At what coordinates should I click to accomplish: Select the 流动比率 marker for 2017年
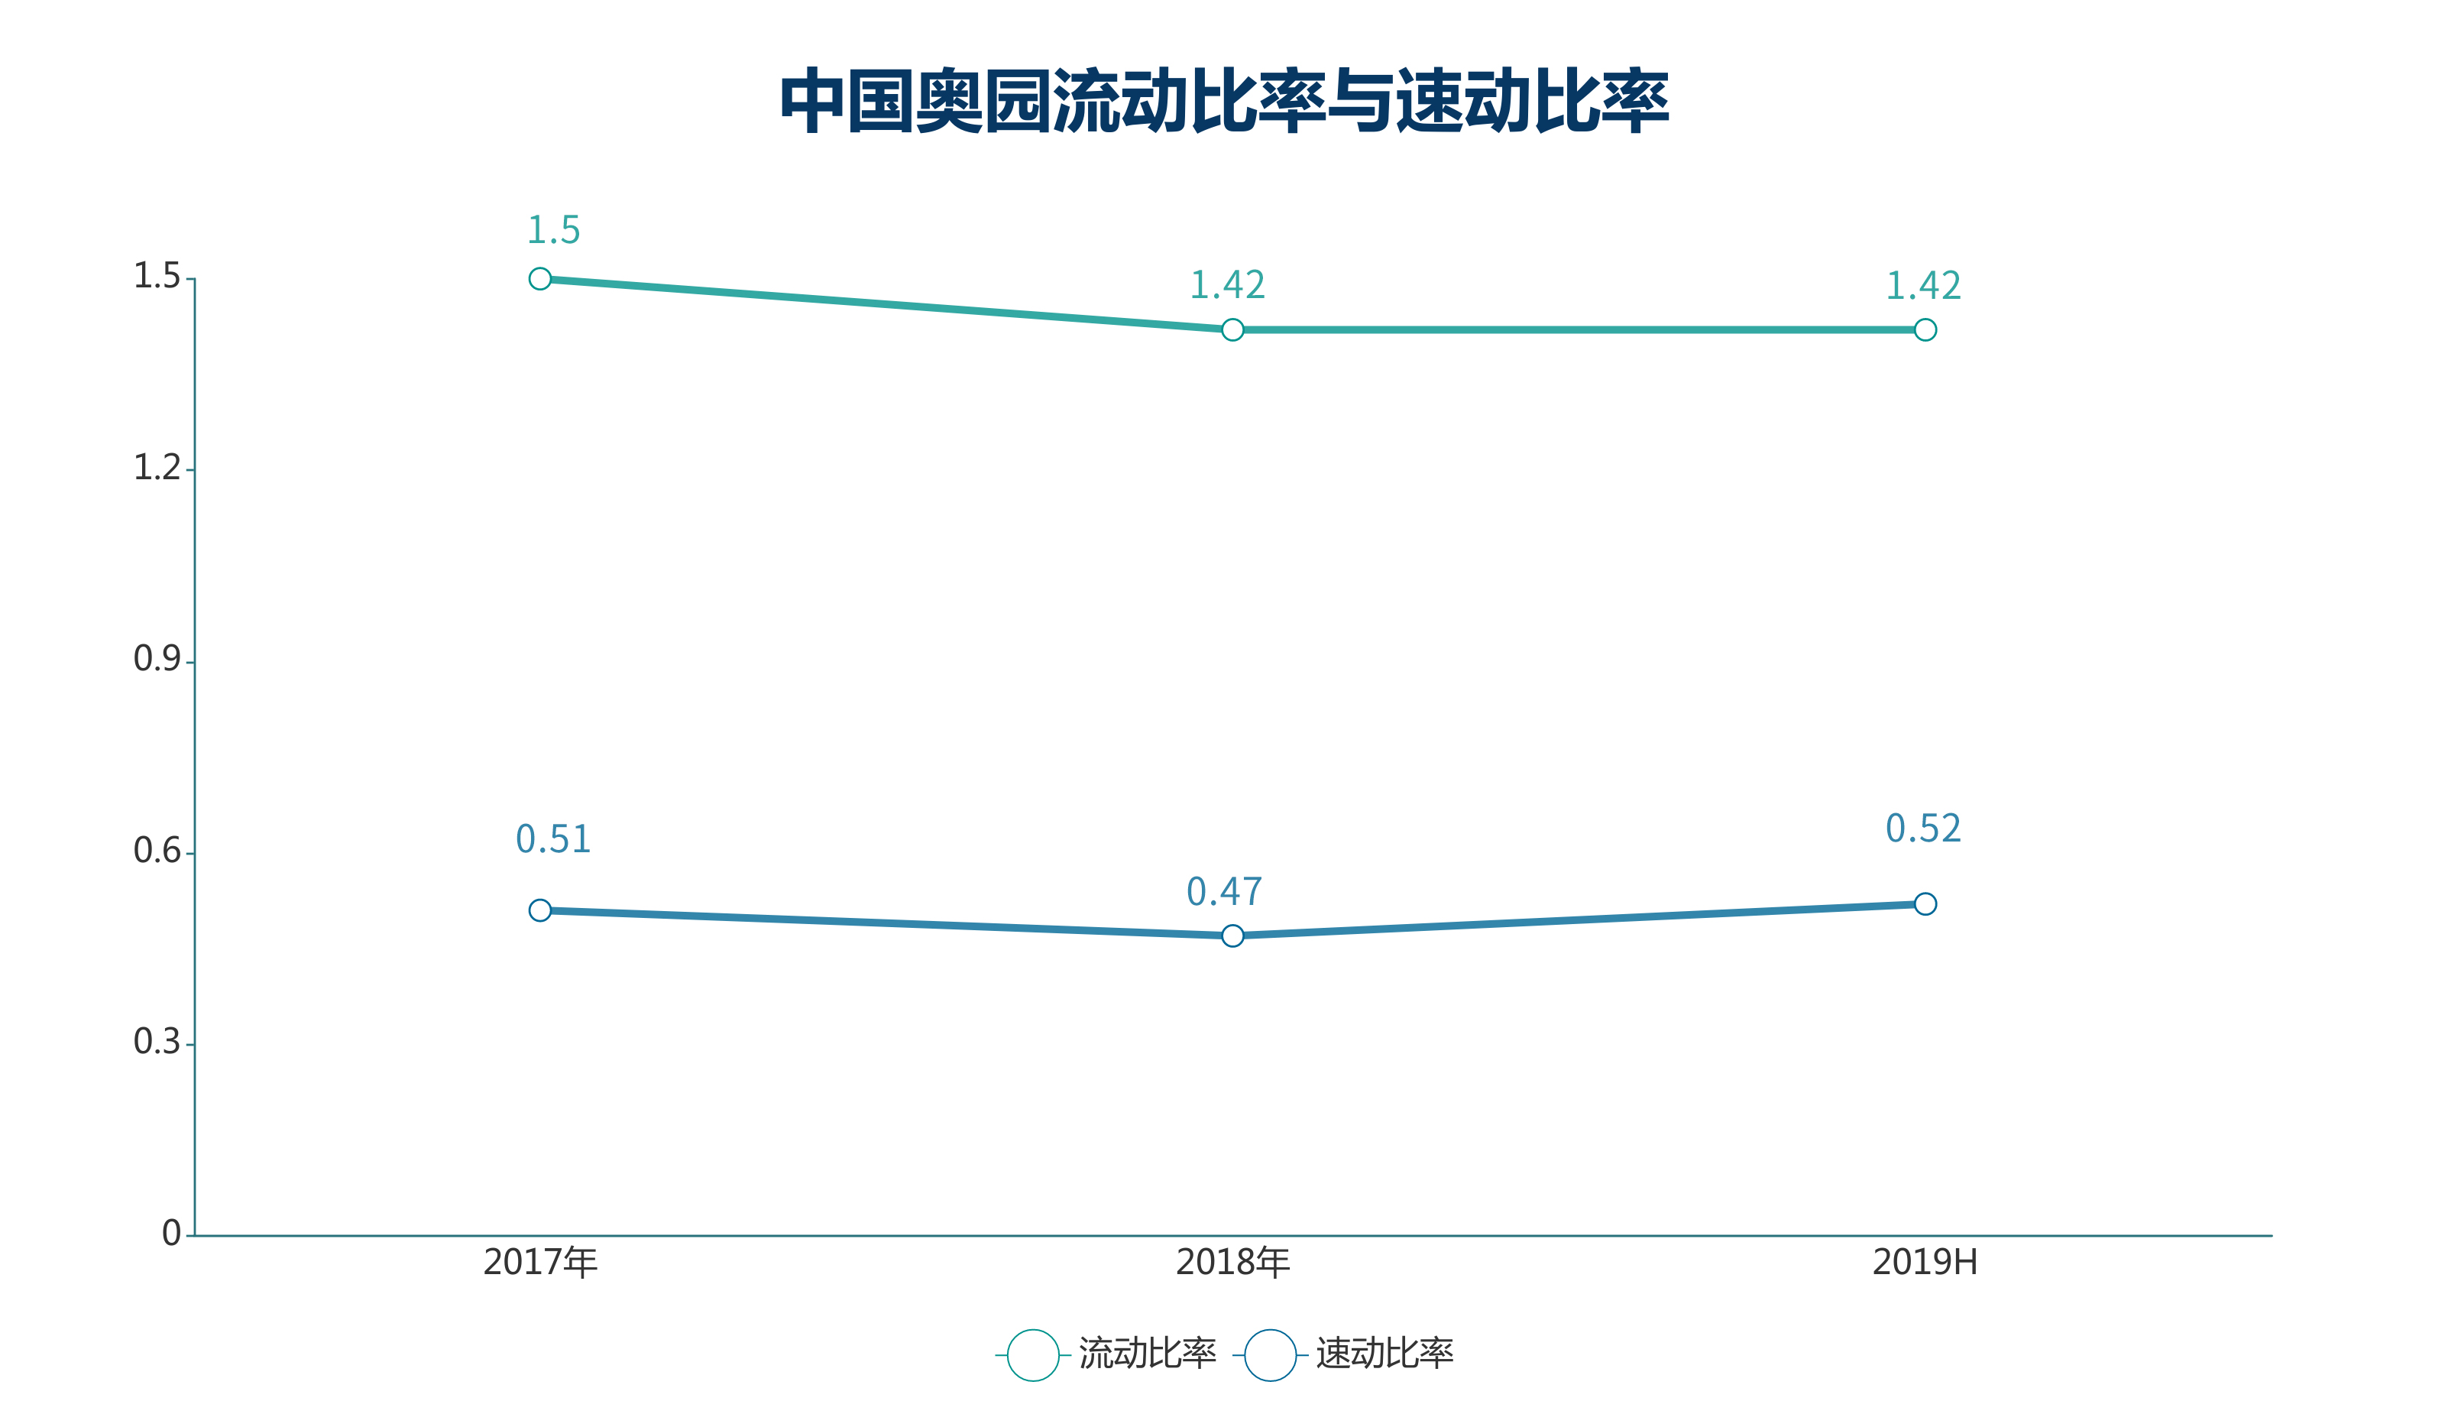pos(540,280)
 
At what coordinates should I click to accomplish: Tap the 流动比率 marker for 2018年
pos(1232,330)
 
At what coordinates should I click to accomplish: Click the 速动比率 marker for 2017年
pos(540,910)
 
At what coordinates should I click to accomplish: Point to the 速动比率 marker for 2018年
pos(1232,936)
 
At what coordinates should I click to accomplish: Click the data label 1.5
pos(553,231)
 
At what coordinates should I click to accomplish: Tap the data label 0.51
pos(553,839)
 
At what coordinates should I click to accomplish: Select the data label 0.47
pos(1225,892)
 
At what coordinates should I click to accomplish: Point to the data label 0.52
pos(1923,829)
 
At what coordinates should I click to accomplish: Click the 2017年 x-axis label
pos(540,1263)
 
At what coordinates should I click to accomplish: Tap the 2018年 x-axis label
pos(1232,1263)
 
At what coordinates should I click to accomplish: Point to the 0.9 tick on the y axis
pos(157,660)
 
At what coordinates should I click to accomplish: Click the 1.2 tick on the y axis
pos(157,469)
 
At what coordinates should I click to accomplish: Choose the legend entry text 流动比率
pos(1147,1354)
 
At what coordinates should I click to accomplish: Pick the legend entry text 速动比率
pos(1384,1354)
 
